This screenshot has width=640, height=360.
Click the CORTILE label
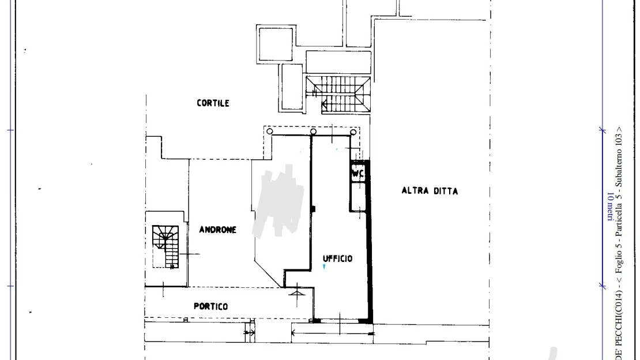pyautogui.click(x=213, y=103)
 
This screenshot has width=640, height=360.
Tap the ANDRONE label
pyautogui.click(x=217, y=230)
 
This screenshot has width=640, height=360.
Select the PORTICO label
pyautogui.click(x=210, y=306)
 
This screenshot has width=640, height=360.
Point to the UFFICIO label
pyautogui.click(x=337, y=258)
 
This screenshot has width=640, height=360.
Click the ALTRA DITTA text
pyautogui.click(x=430, y=191)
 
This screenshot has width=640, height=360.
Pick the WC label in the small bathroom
pyautogui.click(x=358, y=174)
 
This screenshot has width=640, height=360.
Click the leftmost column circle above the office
pyautogui.click(x=270, y=131)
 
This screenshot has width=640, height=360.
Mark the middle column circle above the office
pyautogui.click(x=313, y=132)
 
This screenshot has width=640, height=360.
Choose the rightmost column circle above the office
pyautogui.click(x=353, y=132)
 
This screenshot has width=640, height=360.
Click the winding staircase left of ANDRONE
pyautogui.click(x=165, y=247)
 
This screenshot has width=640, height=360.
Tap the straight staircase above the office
pyautogui.click(x=338, y=94)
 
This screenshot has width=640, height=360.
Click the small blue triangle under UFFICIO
pyautogui.click(x=324, y=267)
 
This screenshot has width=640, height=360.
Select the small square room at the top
pyautogui.click(x=276, y=44)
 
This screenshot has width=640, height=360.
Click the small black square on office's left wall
pyautogui.click(x=313, y=209)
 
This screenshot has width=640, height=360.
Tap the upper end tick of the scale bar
pyautogui.click(x=603, y=130)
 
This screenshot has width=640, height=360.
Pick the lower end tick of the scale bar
pyautogui.click(x=603, y=286)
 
